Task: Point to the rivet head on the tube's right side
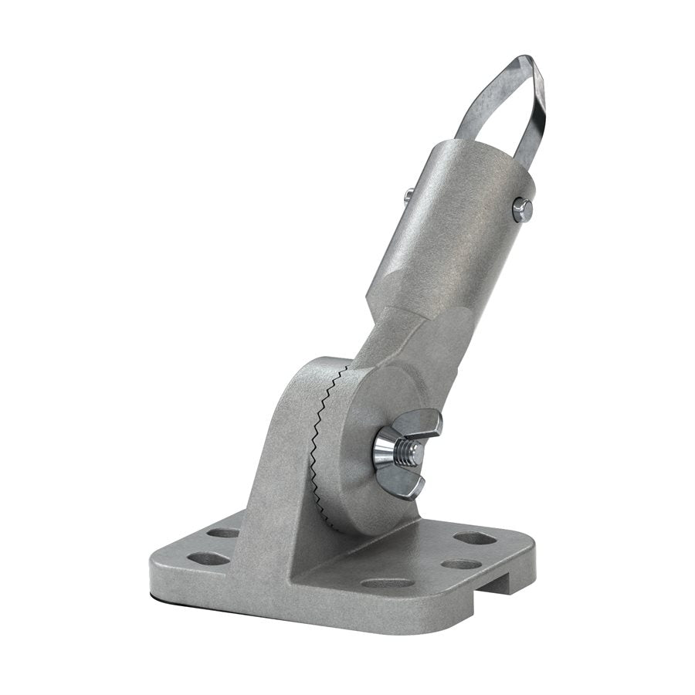point(522,208)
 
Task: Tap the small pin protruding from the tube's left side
point(408,195)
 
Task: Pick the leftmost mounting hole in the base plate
point(208,558)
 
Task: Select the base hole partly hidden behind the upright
point(223,533)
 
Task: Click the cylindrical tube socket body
point(448,232)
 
